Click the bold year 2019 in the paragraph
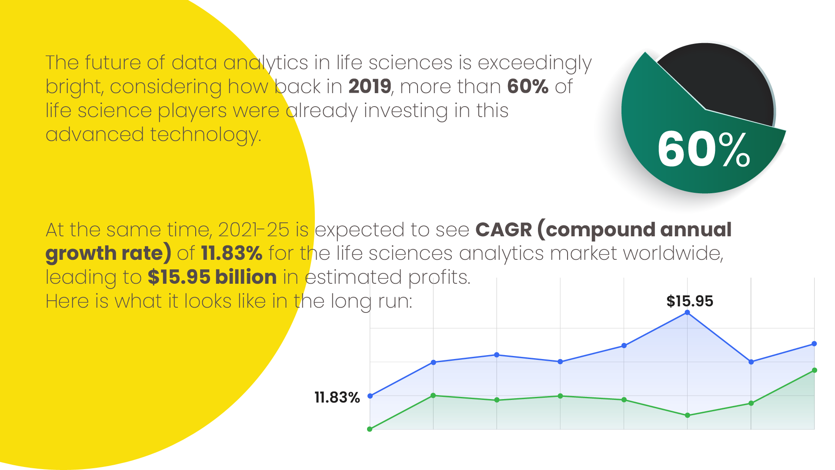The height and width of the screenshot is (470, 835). [x=370, y=87]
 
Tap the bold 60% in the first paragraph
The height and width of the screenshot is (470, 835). [x=528, y=87]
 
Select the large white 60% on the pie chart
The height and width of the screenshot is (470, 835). [x=703, y=150]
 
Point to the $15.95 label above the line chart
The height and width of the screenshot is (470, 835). [x=690, y=301]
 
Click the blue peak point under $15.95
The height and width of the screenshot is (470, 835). [x=687, y=312]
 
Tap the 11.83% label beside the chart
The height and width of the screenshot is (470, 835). [x=337, y=397]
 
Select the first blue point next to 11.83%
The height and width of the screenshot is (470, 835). [x=370, y=396]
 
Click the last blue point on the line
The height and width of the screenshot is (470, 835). [x=814, y=344]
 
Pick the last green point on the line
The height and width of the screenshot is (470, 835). [x=815, y=370]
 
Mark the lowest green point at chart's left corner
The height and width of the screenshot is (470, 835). [x=370, y=429]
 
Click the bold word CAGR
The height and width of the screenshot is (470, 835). [x=504, y=230]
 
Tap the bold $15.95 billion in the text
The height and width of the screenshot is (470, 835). [x=212, y=277]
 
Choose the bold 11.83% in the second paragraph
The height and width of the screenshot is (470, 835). [x=232, y=253]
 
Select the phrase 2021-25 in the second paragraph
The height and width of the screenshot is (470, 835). [x=254, y=230]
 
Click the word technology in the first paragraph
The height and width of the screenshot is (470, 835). [x=205, y=135]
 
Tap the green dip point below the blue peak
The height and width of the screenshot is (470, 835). [x=688, y=415]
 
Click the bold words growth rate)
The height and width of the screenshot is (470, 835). [x=108, y=253]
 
